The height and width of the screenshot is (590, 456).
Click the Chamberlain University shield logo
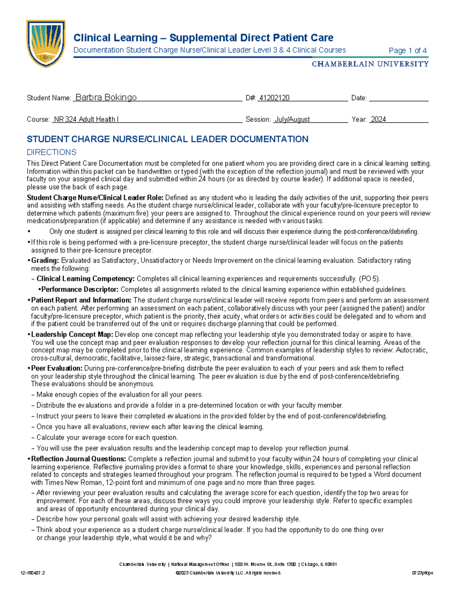click(46, 43)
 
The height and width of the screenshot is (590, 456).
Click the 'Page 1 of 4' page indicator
click(407, 51)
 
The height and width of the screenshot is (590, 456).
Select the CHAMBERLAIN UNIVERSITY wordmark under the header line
click(370, 64)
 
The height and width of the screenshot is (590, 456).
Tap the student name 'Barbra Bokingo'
click(106, 98)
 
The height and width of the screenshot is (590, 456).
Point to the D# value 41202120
click(274, 98)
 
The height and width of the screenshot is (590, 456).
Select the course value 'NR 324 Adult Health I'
click(86, 119)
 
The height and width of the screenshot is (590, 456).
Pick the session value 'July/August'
click(292, 119)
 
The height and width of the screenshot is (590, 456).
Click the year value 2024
click(378, 119)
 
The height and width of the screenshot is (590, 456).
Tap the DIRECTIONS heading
click(52, 152)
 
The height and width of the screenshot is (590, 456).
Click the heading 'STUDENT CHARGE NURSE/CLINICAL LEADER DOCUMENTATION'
click(168, 139)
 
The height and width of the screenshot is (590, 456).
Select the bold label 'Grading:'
click(45, 261)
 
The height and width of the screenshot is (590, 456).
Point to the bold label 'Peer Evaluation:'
click(57, 369)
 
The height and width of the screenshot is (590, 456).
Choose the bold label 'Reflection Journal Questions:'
click(78, 459)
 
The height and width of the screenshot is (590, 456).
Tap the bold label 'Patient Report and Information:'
click(81, 300)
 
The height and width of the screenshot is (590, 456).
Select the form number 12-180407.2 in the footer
click(33, 573)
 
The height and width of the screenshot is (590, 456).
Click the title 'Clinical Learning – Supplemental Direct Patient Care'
click(203, 38)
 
